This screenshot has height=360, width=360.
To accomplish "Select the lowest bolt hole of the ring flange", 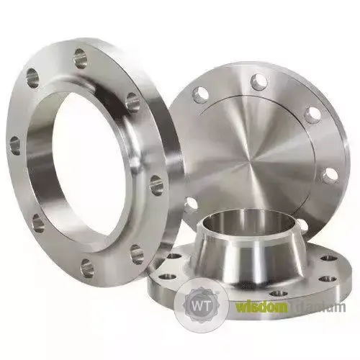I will (x=86, y=269).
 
